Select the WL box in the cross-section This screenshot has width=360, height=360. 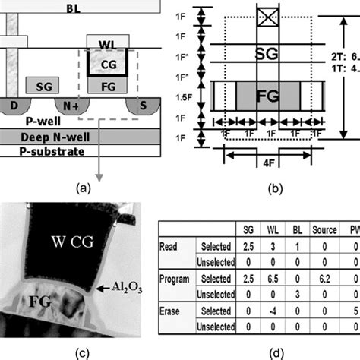(103, 41)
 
